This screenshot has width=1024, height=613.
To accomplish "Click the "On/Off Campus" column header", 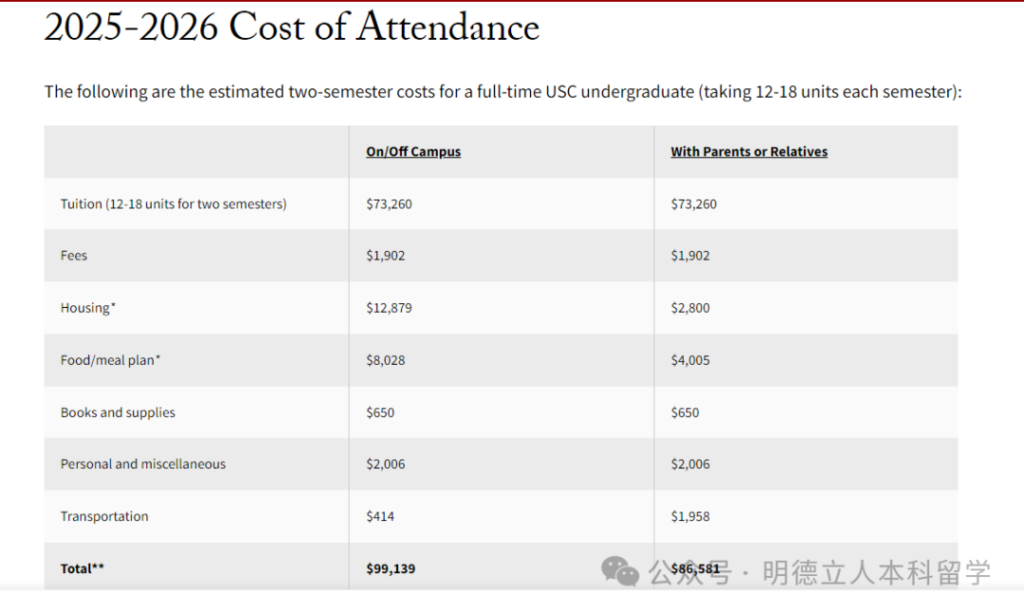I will [413, 152].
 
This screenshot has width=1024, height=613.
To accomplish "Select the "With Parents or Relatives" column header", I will [749, 152].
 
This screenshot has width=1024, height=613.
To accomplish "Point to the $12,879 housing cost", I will [389, 308].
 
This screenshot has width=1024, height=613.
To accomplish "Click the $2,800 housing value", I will [690, 308].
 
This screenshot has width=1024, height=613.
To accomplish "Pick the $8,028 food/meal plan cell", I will [386, 360].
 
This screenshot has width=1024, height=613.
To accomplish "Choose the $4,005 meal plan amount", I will [690, 360].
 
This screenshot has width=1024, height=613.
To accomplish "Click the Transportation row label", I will [104, 516].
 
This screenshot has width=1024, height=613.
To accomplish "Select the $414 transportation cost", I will [380, 516].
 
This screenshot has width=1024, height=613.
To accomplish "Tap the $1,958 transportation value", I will [690, 516].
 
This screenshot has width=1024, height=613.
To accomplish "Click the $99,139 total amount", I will [391, 568].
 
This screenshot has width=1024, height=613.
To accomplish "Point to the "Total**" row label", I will [82, 568].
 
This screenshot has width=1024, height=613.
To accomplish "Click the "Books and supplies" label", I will [118, 412].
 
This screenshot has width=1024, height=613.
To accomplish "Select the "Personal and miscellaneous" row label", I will [143, 464].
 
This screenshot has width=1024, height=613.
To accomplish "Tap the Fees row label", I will [74, 256].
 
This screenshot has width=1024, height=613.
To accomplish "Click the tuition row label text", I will [174, 204].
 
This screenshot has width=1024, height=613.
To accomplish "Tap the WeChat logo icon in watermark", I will [621, 570].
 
